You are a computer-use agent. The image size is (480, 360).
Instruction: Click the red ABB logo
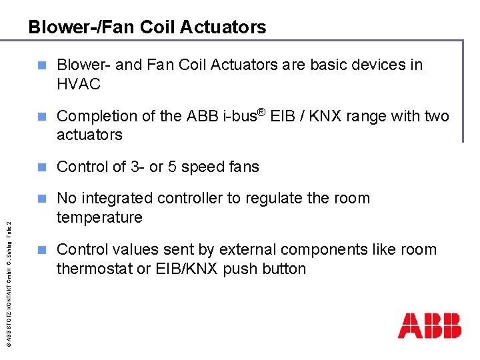point(429,325)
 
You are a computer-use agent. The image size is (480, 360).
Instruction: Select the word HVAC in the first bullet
point(79,84)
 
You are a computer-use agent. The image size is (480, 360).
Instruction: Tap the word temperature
point(99,217)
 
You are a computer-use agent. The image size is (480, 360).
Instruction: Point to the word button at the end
point(283,269)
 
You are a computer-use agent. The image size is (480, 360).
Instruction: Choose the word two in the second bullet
point(437,116)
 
